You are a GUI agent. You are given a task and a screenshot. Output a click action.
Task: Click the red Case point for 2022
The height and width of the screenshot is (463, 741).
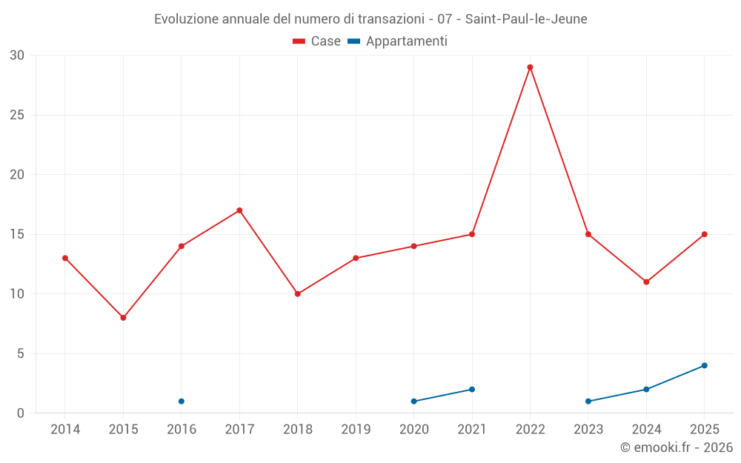(530, 67)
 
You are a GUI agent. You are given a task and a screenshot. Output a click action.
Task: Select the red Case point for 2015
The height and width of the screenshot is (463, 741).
(123, 318)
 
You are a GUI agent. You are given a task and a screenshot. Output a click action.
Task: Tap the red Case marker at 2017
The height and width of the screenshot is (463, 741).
(239, 210)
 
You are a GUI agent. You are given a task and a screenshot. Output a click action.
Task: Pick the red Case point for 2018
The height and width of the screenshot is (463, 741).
(298, 294)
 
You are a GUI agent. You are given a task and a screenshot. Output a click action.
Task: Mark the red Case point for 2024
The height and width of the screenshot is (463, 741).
(646, 282)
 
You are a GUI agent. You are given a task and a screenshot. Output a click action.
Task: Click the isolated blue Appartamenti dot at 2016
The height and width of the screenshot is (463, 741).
(182, 402)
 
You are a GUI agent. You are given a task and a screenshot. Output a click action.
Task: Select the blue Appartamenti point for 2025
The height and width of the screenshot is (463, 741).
(705, 365)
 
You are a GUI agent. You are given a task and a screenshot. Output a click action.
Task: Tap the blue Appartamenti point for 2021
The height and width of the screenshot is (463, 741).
(472, 390)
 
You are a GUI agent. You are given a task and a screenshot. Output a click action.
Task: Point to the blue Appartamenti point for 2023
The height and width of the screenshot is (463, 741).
(588, 402)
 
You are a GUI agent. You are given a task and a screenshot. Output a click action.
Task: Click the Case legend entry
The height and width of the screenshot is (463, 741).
(317, 41)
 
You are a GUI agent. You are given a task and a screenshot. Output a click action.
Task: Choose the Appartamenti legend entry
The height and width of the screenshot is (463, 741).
(398, 41)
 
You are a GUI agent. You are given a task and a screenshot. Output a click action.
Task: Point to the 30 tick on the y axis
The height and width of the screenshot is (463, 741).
(17, 56)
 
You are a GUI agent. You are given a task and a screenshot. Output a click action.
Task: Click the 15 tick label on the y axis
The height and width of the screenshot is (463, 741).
(17, 234)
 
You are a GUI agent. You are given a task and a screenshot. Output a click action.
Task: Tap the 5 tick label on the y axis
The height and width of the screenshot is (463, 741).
(21, 353)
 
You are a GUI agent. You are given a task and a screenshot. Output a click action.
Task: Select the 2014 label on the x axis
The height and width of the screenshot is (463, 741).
(65, 430)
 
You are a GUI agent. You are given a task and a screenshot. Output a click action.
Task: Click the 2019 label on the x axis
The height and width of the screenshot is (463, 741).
(356, 430)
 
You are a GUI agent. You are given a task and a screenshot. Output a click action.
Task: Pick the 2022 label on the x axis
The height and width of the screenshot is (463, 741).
(530, 430)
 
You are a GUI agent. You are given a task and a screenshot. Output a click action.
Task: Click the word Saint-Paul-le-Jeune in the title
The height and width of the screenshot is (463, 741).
(526, 19)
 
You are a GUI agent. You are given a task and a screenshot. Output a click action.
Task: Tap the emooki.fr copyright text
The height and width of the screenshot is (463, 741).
(677, 447)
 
